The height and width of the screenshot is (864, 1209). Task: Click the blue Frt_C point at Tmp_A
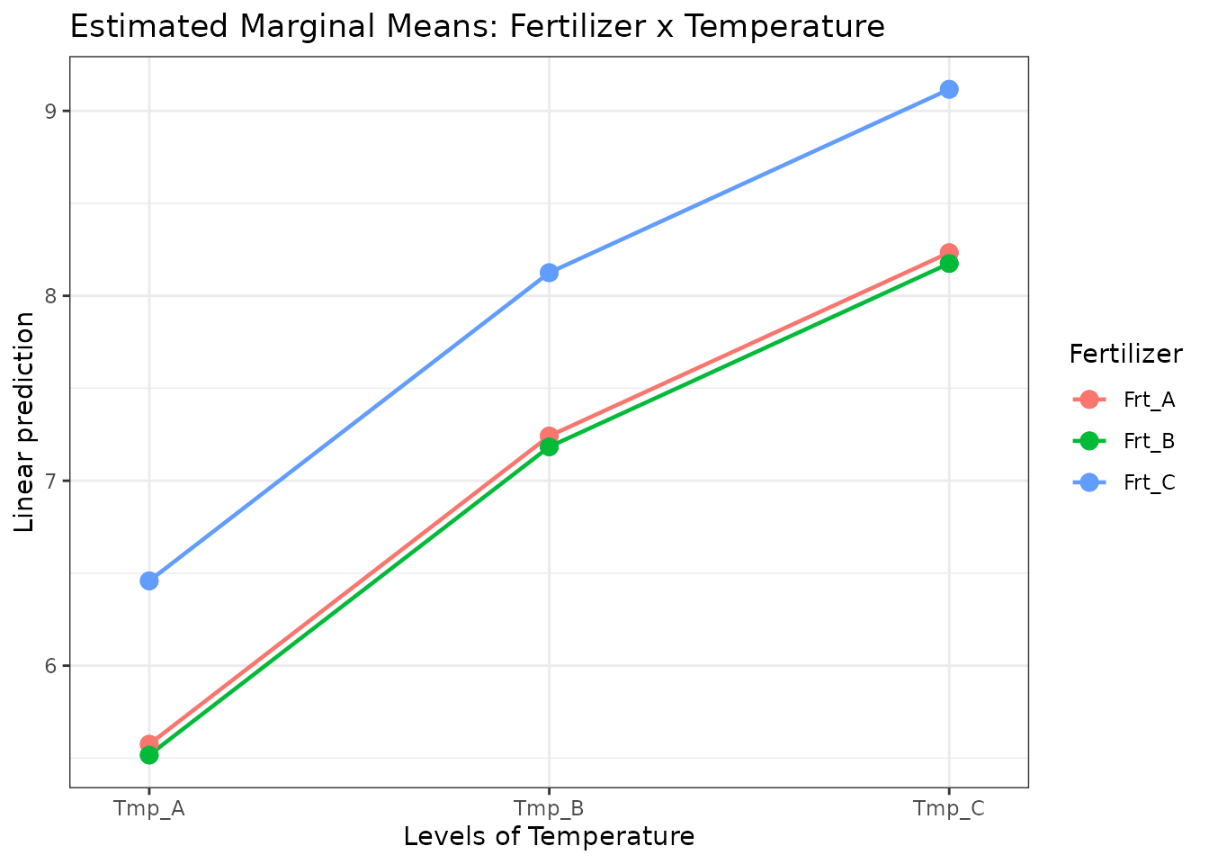tap(149, 580)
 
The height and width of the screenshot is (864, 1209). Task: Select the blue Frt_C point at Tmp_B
tap(549, 272)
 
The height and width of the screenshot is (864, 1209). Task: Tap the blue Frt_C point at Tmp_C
tap(948, 89)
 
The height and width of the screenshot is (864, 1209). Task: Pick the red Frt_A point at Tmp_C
tap(948, 251)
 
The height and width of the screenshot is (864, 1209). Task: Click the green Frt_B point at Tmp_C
tap(948, 264)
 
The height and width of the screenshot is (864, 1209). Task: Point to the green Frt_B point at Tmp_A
tap(149, 755)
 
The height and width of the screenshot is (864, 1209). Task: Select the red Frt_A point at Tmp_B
tap(549, 435)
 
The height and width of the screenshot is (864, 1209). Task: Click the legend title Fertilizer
tap(1125, 355)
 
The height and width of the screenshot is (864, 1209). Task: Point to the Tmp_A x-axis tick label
tap(149, 808)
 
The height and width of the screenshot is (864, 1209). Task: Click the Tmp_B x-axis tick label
tap(549, 808)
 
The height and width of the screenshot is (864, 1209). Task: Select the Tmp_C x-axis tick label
tap(948, 808)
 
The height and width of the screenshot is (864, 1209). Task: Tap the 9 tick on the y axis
tap(51, 112)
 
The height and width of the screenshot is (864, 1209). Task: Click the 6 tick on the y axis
tap(51, 666)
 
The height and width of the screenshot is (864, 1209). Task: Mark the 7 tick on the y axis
tap(51, 481)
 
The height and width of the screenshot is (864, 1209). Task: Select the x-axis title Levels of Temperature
tap(549, 837)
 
